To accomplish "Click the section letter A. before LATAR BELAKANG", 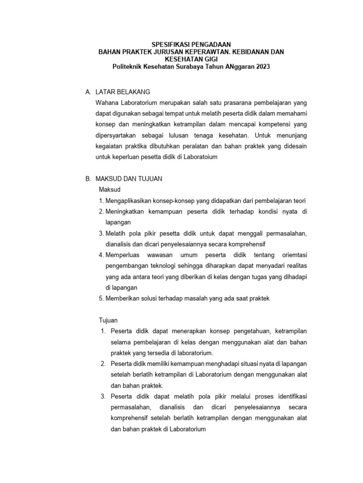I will point(87,92).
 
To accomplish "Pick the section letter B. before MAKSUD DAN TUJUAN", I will point(87,179).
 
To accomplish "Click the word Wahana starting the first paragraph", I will point(107,102).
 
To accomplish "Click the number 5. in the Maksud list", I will point(101,298).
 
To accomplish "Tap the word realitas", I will point(296,266).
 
